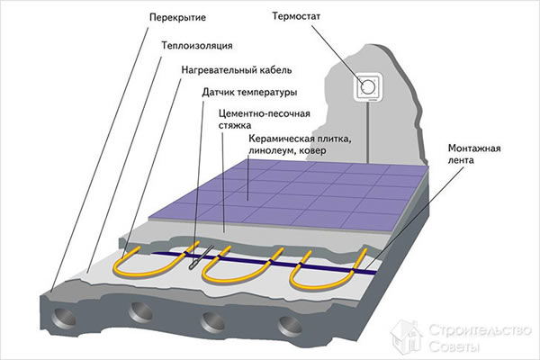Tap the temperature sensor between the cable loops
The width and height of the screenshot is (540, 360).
(x=195, y=261)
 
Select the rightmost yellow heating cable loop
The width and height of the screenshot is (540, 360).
(x=310, y=265)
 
